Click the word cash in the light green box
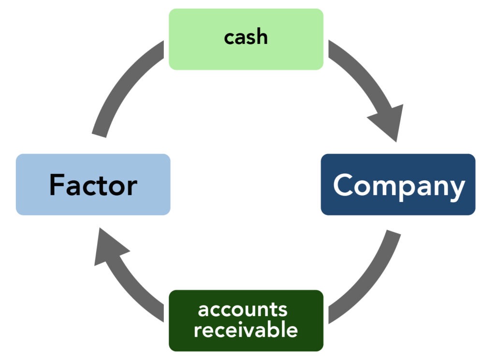(246, 38)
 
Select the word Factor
(93, 185)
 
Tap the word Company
(398, 186)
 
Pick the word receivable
(246, 330)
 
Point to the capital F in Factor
(58, 185)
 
